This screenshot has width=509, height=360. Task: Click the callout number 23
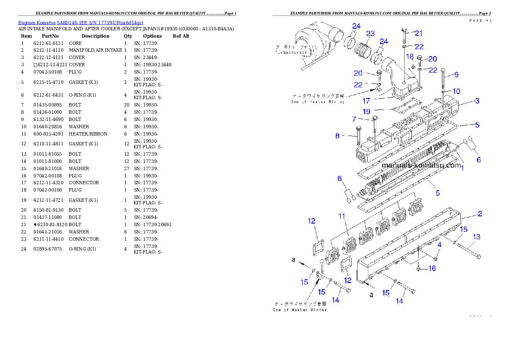tap(370, 34)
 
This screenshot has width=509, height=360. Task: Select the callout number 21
tap(418, 33)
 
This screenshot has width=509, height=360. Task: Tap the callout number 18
tap(409, 56)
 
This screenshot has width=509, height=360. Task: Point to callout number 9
tap(456, 75)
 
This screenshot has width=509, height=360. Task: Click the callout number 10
tap(456, 91)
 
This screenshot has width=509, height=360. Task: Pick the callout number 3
tap(477, 101)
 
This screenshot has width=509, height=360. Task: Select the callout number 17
tap(366, 101)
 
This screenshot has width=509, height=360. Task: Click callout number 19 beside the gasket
tap(367, 112)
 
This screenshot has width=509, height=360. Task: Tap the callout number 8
tap(337, 136)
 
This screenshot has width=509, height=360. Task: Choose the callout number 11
tap(341, 217)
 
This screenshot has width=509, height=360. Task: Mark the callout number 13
tap(476, 237)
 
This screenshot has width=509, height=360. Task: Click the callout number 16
tap(432, 268)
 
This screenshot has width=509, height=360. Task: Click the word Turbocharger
tap(291, 52)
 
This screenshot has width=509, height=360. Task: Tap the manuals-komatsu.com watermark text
tap(421, 165)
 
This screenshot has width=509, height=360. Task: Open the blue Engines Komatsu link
tap(80, 22)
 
